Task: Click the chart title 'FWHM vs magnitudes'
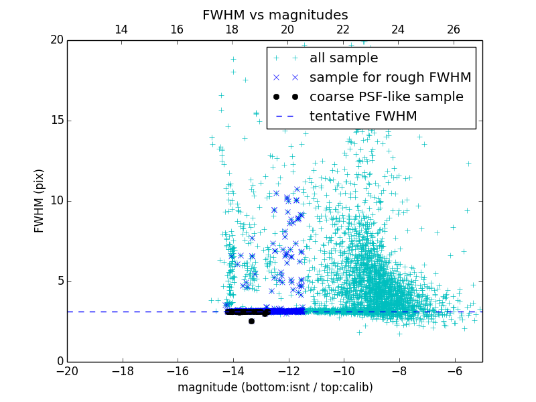[x=275, y=15]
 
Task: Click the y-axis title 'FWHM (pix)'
[x=40, y=200]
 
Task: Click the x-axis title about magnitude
[x=275, y=387]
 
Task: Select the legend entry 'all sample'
[x=344, y=58]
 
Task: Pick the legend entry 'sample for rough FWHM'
[x=390, y=78]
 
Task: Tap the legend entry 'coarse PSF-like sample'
[x=386, y=97]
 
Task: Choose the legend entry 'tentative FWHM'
[x=363, y=117]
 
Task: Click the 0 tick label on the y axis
[x=60, y=362]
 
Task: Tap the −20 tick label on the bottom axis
[x=67, y=371]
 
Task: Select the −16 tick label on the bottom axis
[x=178, y=371]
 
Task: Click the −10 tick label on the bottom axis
[x=344, y=371]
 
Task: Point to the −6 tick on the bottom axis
[x=454, y=371]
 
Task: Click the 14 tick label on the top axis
[x=121, y=29]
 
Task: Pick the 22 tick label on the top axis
[x=343, y=29]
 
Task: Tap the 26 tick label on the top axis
[x=454, y=29]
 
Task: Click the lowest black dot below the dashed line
[x=251, y=322]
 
